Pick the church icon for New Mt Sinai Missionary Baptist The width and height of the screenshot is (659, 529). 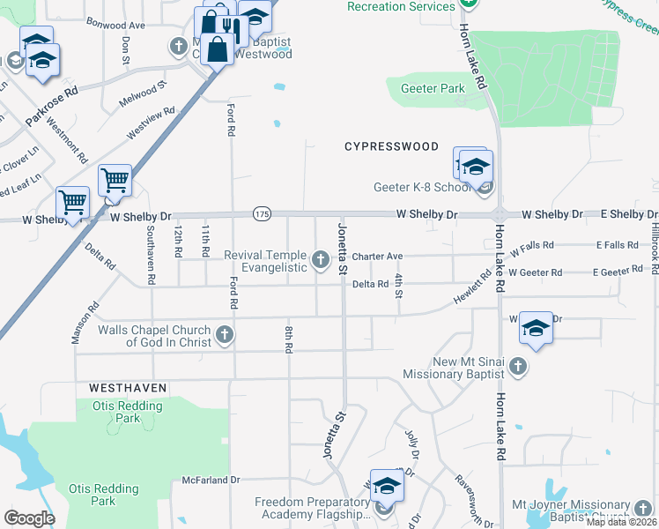518,365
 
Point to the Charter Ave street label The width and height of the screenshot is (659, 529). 377,257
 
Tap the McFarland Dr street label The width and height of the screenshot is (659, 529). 211,481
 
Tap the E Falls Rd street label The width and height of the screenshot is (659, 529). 616,244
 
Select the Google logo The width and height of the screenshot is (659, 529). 29,518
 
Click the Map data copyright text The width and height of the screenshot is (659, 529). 621,522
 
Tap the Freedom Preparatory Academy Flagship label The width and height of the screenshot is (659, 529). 313,509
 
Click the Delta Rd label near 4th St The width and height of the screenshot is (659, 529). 370,284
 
